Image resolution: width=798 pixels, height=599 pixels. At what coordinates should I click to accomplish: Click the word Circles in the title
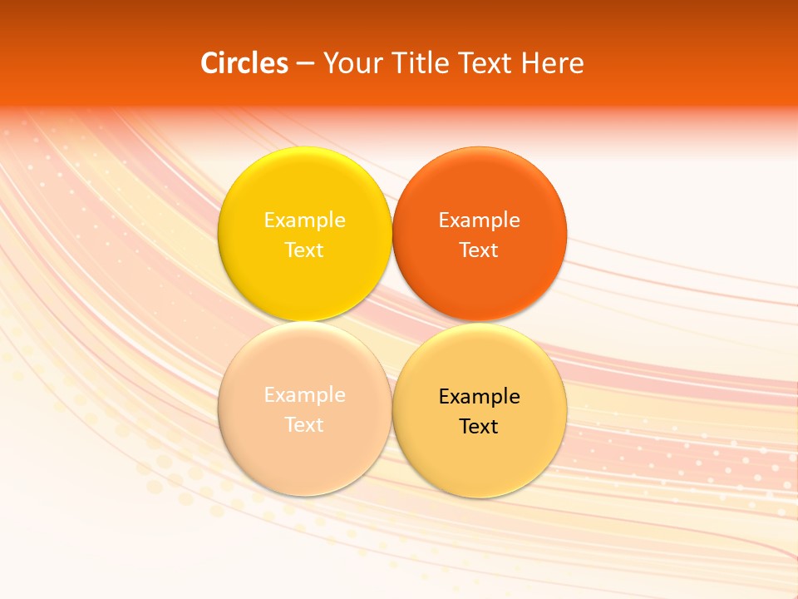tap(244, 63)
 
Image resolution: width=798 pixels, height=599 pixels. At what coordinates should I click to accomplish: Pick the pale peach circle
tap(304, 453)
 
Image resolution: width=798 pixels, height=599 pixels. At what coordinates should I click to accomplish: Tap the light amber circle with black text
tap(480, 458)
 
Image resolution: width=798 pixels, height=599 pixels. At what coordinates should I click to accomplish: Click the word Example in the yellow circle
tap(304, 220)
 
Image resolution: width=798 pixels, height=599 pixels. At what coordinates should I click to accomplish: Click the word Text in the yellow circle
tap(304, 250)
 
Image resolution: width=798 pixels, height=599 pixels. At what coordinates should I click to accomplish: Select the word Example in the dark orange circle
tap(480, 220)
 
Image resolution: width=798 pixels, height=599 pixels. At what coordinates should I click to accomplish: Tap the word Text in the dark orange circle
tap(480, 250)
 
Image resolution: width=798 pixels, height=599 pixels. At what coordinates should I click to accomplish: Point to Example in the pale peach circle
tap(304, 395)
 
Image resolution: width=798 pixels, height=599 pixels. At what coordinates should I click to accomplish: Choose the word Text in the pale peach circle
tap(304, 425)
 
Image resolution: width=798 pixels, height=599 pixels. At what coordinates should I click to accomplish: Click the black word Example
tap(480, 397)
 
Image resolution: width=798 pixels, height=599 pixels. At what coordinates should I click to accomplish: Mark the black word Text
tap(480, 427)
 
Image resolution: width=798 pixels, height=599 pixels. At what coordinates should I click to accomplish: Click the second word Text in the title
tap(482, 63)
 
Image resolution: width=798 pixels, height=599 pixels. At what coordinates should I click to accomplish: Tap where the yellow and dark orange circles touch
tap(392, 234)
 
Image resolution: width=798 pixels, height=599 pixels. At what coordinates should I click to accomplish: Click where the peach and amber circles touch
tap(392, 408)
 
